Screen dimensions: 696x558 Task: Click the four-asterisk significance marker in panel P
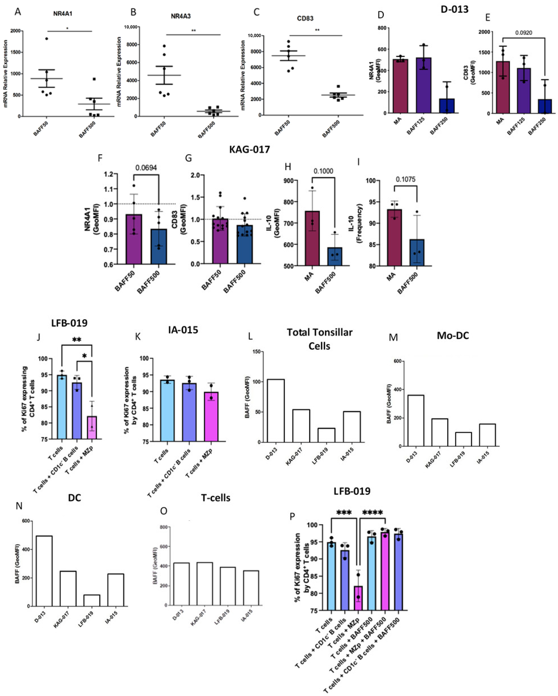[373, 513]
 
